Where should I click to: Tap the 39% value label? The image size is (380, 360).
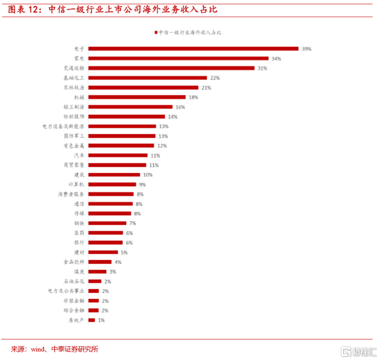point(306,49)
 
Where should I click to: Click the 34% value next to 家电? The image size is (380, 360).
point(276,59)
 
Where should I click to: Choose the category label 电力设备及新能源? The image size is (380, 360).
point(63,126)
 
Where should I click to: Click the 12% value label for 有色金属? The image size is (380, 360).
point(162,146)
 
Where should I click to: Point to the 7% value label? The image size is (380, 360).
point(132,223)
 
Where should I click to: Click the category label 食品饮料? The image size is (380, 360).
point(73,262)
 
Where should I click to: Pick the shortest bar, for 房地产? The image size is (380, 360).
point(91,320)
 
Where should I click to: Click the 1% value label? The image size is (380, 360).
point(101,320)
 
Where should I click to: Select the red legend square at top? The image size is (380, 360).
point(155,32)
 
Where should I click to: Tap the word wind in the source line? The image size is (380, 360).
point(38,349)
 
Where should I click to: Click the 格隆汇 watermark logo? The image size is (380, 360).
point(358,351)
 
